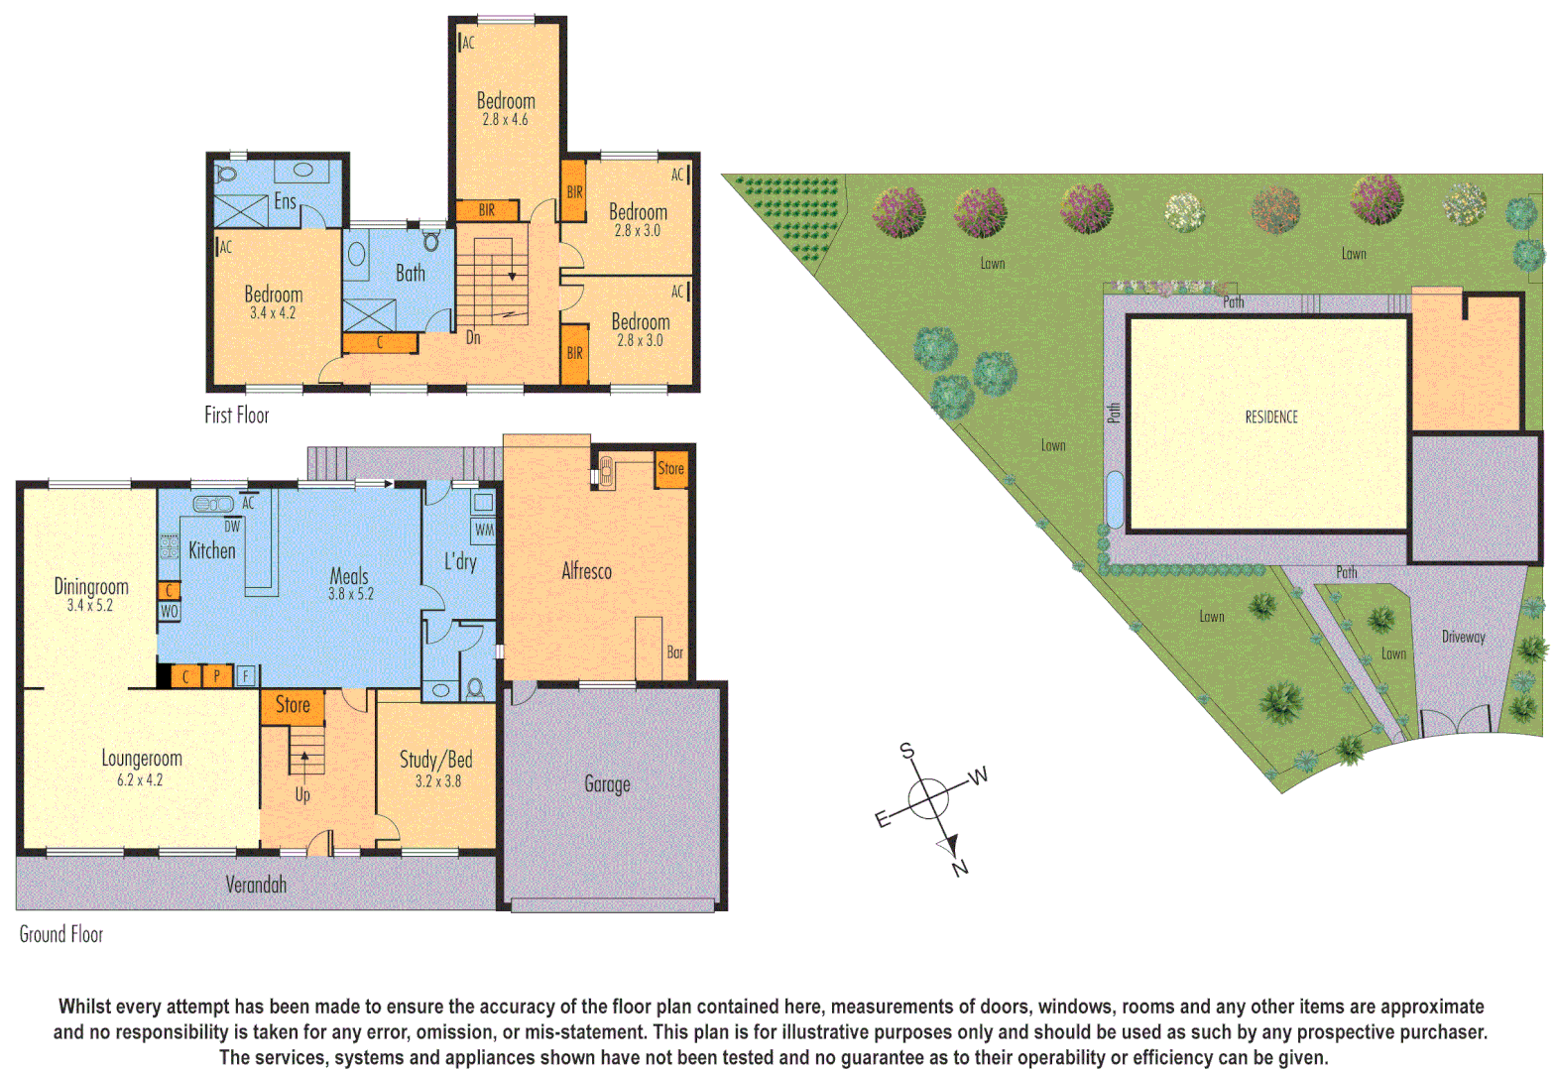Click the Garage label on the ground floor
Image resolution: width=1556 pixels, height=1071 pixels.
coord(607,784)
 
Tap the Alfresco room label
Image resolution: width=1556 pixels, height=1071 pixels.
coord(586,571)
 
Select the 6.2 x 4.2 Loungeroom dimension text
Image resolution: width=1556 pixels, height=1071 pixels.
coord(140,780)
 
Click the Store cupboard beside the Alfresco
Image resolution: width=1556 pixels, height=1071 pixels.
coord(670,469)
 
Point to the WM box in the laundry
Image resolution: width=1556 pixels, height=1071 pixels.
coord(484,530)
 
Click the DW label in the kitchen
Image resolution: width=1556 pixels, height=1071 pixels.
coord(232,527)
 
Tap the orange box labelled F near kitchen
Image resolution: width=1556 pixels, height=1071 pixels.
coord(246,676)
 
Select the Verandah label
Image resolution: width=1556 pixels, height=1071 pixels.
coord(256,885)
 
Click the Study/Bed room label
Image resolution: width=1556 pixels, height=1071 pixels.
coord(435,760)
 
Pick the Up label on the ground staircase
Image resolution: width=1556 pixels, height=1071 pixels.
coord(302,794)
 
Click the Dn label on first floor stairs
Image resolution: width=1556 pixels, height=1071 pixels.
coord(473,338)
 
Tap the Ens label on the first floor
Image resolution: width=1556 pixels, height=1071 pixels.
coord(285,201)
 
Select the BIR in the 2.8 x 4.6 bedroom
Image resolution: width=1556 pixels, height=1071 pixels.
coord(487,210)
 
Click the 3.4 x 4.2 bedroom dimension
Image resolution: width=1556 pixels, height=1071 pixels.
coord(273,313)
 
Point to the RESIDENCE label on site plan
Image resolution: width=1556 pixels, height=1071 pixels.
coord(1271,417)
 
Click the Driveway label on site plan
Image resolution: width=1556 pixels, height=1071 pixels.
coord(1463,637)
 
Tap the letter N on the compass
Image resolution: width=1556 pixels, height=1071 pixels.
coord(959,869)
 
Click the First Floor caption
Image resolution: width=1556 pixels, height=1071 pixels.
coord(236,416)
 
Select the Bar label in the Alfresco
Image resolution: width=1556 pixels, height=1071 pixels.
coord(674,653)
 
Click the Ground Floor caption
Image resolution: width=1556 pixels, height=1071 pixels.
coord(61,934)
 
